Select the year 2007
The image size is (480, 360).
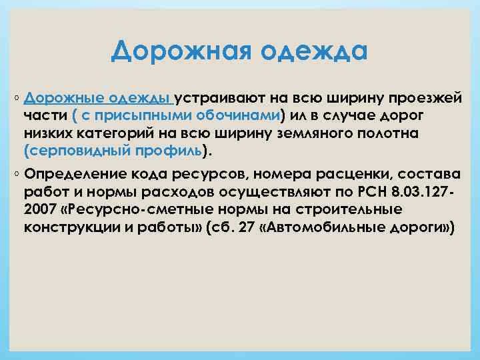[x=39, y=210]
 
